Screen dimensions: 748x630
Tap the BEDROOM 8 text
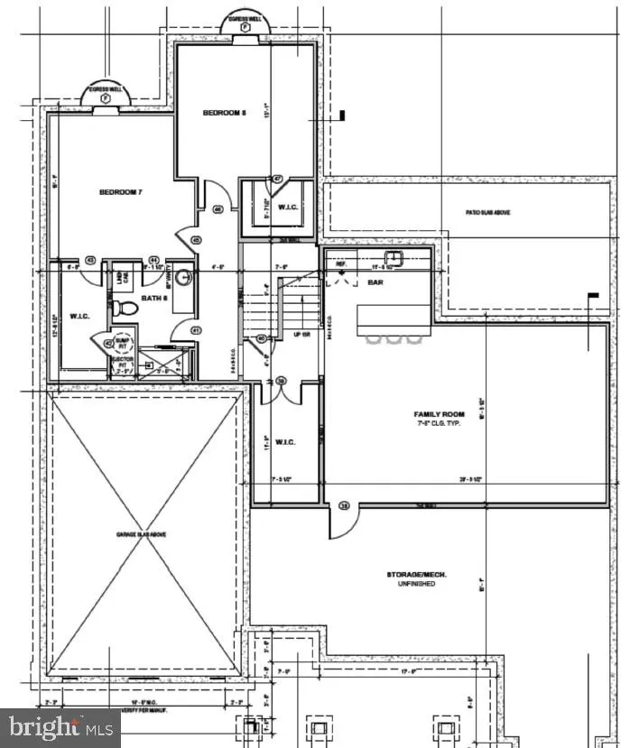[x=223, y=113]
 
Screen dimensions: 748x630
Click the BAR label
[x=377, y=282]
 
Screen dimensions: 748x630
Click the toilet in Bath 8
[x=127, y=309]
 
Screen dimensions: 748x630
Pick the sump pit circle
[x=122, y=343]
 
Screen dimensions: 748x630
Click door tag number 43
[x=90, y=260]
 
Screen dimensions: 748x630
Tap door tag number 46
[x=218, y=209]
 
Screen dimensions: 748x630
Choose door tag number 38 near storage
[x=343, y=506]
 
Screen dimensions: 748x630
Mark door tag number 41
[x=196, y=330]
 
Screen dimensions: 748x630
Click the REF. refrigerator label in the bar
[x=340, y=265]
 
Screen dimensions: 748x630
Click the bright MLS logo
[x=60, y=727]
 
